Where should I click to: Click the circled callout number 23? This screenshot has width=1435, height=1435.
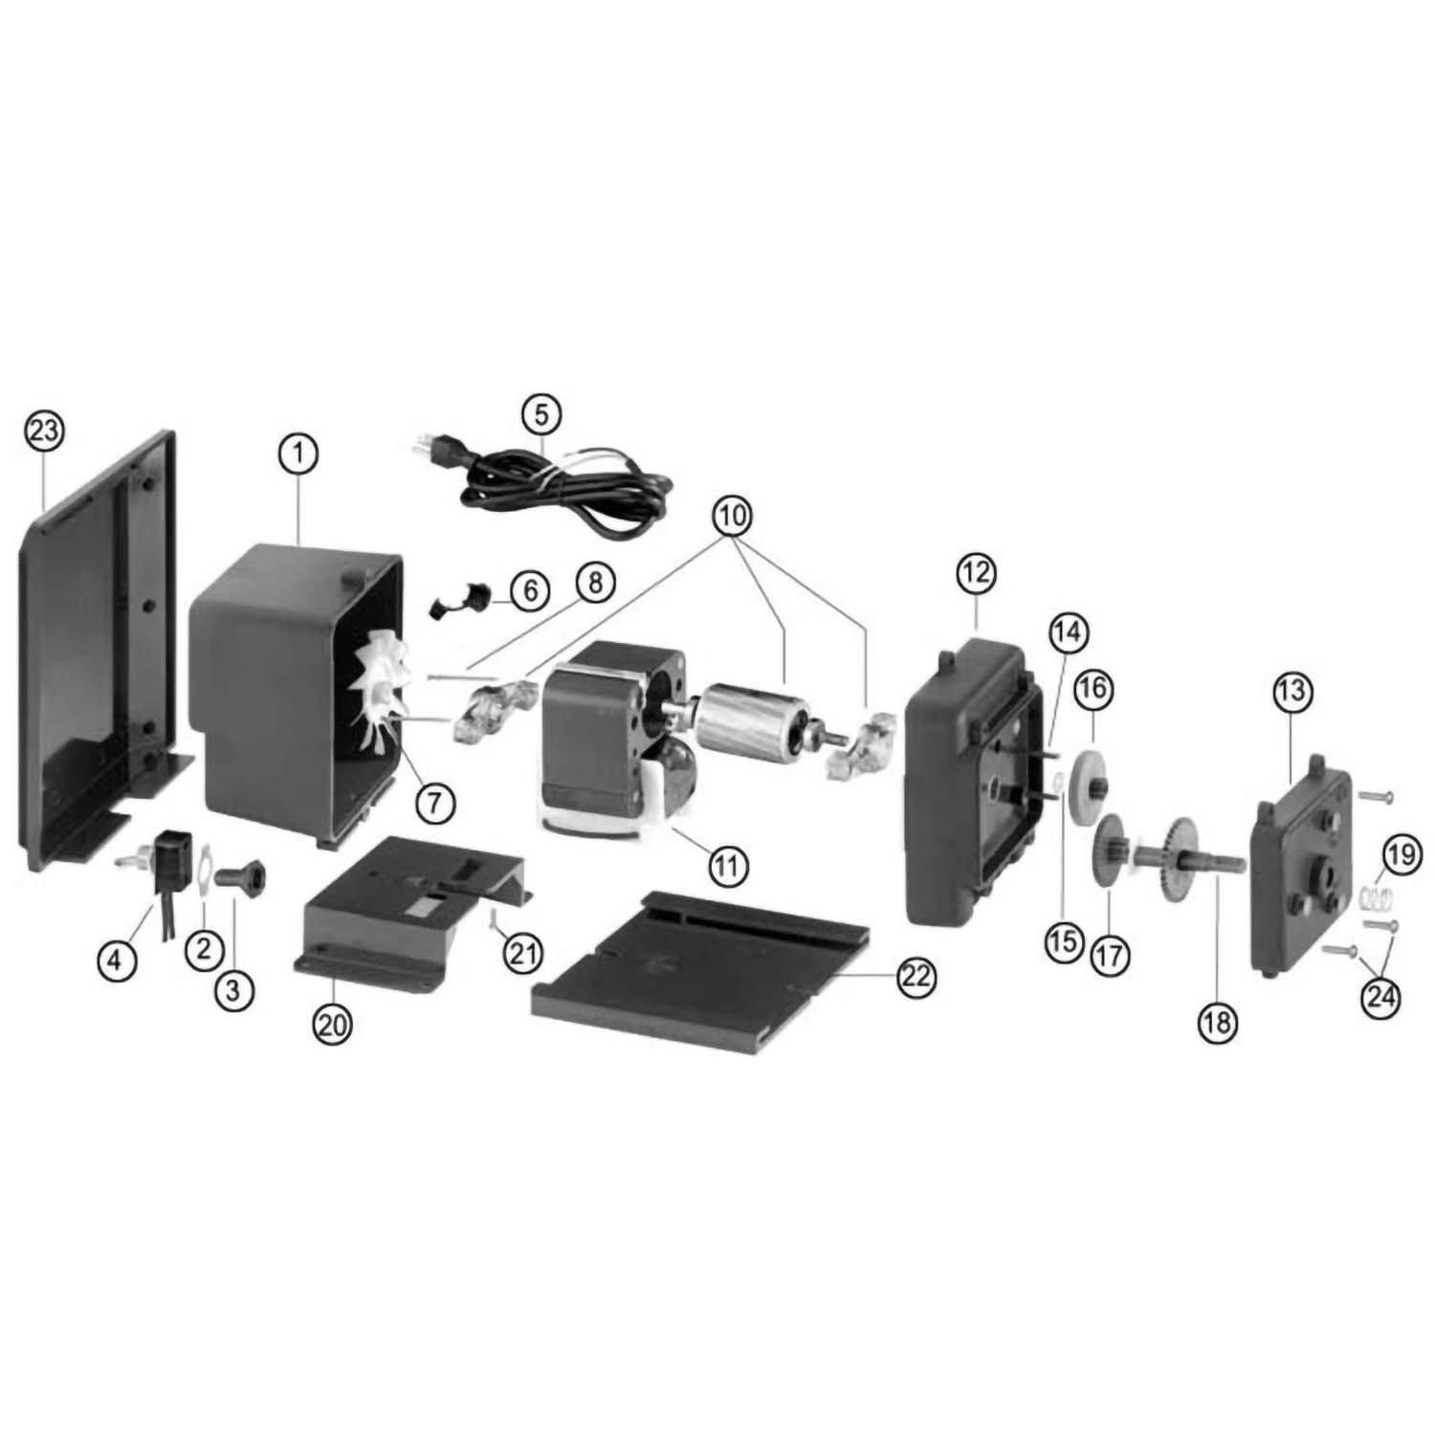click(44, 430)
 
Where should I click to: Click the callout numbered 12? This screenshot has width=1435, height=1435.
click(976, 573)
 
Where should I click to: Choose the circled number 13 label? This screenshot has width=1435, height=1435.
click(1291, 690)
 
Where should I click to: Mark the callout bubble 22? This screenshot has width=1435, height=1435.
click(916, 976)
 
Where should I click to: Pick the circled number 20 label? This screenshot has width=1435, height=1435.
click(333, 1025)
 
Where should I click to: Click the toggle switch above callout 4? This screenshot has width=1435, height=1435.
click(163, 851)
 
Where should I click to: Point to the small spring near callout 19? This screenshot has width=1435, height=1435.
click(1373, 898)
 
